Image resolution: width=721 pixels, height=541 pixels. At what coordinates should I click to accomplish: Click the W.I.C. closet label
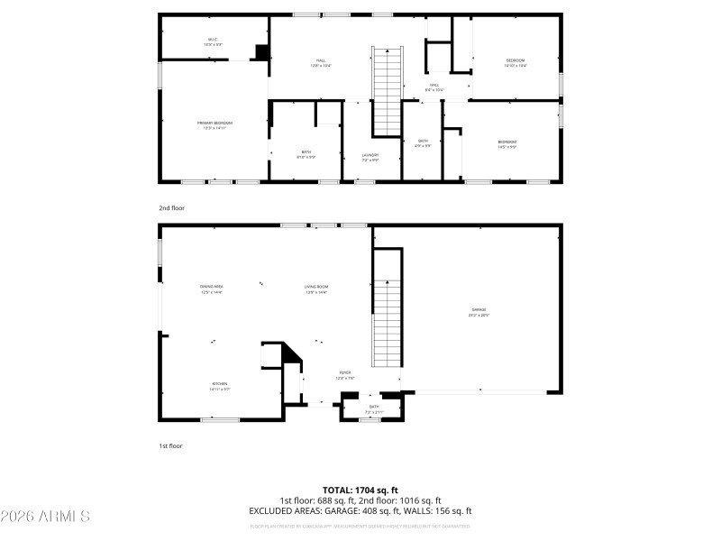(213, 41)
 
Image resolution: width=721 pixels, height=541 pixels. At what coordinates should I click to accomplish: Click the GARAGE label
(478, 311)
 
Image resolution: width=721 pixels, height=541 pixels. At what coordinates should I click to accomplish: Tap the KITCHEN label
(220, 386)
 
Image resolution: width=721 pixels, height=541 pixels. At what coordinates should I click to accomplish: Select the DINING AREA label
(212, 289)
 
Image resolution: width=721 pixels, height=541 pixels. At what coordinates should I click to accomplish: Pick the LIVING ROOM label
(315, 289)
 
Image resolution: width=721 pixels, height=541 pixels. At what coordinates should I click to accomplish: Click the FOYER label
(344, 374)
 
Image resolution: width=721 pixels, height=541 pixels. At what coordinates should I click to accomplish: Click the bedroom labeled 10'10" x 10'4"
(515, 62)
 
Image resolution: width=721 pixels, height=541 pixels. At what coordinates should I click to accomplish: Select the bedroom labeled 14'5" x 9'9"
(507, 143)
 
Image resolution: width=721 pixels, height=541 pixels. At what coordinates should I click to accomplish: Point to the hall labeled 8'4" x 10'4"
(434, 87)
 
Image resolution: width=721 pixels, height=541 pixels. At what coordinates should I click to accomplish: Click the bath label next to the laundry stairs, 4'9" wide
(423, 143)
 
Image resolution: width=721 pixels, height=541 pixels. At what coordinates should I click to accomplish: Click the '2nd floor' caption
(171, 208)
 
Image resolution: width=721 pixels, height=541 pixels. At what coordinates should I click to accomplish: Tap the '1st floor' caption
(170, 445)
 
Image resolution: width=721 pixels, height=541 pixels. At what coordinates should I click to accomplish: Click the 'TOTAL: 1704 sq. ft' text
(360, 490)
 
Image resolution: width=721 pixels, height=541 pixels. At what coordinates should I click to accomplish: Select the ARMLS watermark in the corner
(45, 517)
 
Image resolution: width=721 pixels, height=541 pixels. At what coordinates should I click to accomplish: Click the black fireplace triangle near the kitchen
(291, 354)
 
